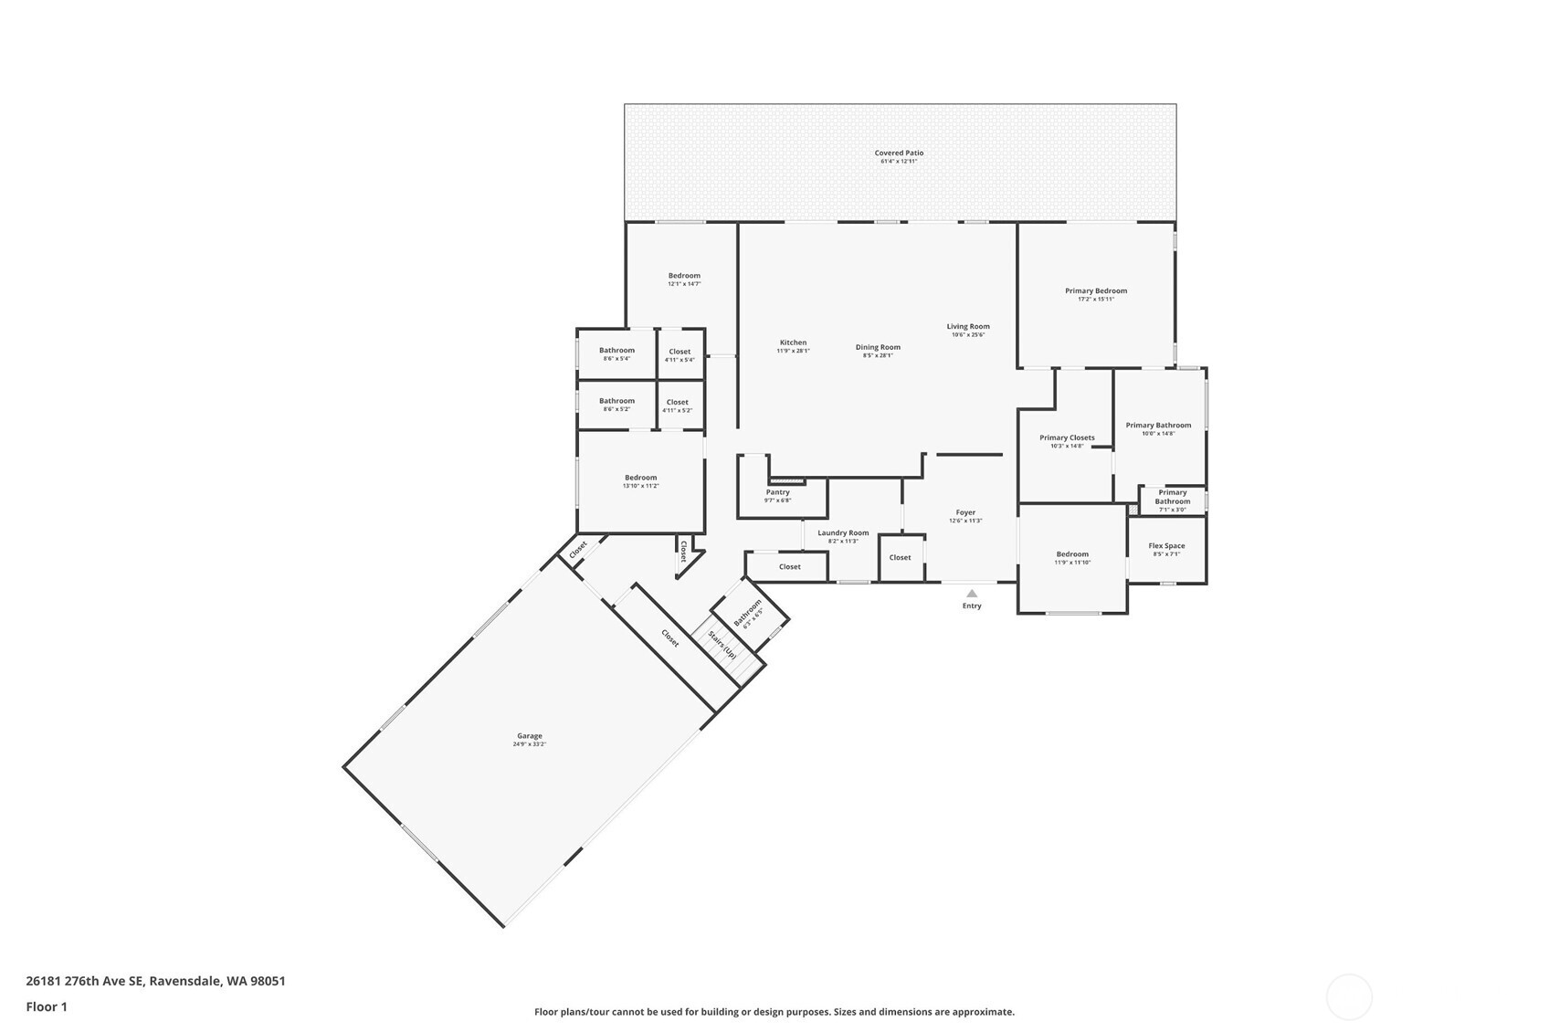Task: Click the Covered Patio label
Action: (899, 153)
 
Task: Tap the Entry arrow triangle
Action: (972, 594)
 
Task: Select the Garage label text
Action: (530, 736)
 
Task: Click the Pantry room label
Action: (777, 492)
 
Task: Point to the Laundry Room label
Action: (843, 532)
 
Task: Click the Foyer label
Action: (965, 512)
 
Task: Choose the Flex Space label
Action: (1166, 546)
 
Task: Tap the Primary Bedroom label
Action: (1095, 291)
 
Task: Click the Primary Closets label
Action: (1067, 437)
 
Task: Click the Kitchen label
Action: (793, 342)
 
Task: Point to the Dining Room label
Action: (878, 347)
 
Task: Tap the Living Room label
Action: (967, 326)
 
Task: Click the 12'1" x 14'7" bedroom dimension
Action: (684, 284)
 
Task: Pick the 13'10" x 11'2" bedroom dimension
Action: (640, 486)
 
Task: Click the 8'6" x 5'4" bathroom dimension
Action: (616, 359)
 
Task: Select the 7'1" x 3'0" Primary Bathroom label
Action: (1172, 510)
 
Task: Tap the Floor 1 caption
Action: (47, 1006)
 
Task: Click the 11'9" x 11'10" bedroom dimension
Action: (1072, 563)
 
